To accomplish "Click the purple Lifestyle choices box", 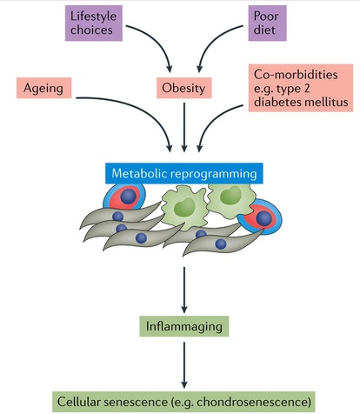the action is pyautogui.click(x=94, y=23).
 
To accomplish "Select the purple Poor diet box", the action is pyautogui.click(x=267, y=23).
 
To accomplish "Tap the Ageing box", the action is pyautogui.click(x=43, y=88).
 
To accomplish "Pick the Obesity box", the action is pyautogui.click(x=184, y=88).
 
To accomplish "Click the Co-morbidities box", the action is pyautogui.click(x=301, y=88).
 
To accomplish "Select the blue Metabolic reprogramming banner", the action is pyautogui.click(x=184, y=173).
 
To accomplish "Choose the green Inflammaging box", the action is pyautogui.click(x=184, y=326).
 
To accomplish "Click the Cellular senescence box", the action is pyautogui.click(x=183, y=402).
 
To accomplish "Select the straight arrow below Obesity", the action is pyautogui.click(x=184, y=127).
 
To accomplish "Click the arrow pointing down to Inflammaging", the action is pyautogui.click(x=184, y=290).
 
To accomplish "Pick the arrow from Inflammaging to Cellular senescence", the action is pyautogui.click(x=184, y=365).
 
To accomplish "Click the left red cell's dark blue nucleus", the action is pyautogui.click(x=129, y=197).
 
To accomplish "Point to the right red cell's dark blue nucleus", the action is pyautogui.click(x=264, y=218).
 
